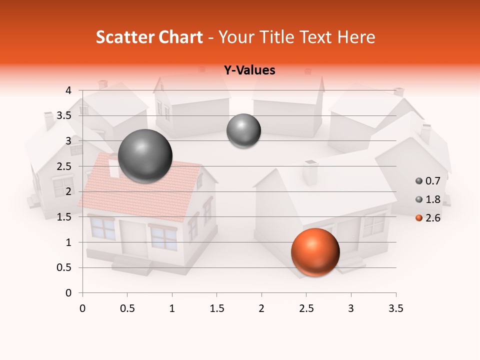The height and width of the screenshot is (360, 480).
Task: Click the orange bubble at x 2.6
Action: pos(315,252)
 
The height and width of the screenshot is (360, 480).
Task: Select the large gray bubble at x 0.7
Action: pos(145,156)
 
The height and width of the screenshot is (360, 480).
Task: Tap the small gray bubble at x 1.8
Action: pos(243,131)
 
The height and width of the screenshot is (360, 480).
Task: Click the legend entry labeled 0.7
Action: pos(427,180)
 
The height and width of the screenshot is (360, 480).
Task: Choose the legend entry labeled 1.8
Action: pos(427,199)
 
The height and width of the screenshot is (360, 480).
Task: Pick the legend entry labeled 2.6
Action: pos(427,218)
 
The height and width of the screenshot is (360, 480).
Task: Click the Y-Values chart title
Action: pos(249,70)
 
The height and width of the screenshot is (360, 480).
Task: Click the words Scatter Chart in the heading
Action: pos(149,37)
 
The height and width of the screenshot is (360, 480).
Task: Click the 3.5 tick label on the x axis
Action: pos(395,308)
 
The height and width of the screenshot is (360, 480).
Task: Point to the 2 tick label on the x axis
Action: pos(261,308)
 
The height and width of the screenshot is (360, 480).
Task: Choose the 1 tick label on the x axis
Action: pos(172,308)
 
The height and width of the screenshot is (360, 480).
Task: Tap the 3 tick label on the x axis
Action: pos(351,308)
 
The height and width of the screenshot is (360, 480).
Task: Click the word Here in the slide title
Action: pos(355,37)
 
